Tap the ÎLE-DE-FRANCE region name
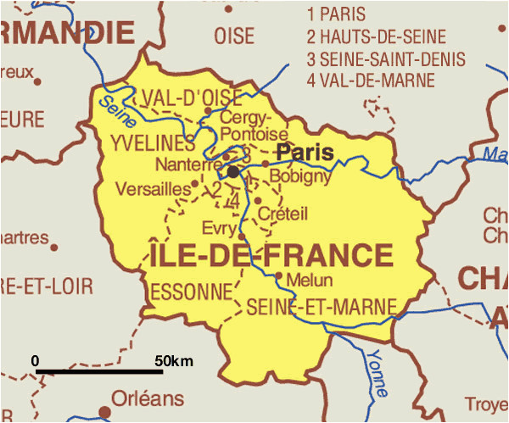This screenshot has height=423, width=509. tap(271, 255)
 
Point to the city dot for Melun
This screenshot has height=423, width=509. tap(279, 275)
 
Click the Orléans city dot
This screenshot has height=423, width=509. tap(105, 412)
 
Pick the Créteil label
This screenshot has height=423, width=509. tap(284, 212)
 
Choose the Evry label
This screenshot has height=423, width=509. tap(220, 227)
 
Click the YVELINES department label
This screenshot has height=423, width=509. tap(153, 143)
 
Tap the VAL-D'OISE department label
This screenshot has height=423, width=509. tap(192, 95)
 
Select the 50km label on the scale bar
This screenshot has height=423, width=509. tap(174, 361)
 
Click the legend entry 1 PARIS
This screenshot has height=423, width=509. tap(337, 14)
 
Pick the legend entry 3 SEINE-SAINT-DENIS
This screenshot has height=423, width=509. tap(386, 59)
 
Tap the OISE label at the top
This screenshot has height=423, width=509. tap(234, 36)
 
